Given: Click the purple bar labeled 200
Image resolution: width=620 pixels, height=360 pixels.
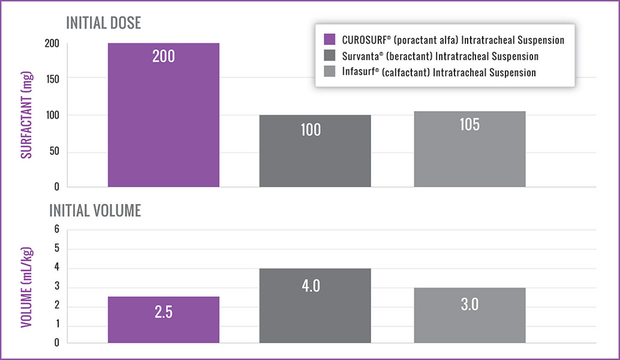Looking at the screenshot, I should (x=163, y=114).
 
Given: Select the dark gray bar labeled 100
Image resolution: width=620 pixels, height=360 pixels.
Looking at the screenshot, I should (x=315, y=150).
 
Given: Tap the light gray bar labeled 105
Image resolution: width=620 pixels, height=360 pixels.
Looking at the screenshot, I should (x=469, y=148).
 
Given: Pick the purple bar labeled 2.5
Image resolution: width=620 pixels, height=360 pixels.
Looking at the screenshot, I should (x=163, y=320).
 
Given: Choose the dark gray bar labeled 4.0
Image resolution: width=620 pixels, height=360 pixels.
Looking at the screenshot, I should (x=315, y=305).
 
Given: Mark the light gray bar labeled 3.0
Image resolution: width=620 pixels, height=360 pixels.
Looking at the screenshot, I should (x=469, y=315).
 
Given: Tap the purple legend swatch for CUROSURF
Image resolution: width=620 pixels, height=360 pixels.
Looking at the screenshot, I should (x=329, y=40).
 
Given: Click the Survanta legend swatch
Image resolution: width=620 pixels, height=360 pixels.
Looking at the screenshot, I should (x=329, y=56).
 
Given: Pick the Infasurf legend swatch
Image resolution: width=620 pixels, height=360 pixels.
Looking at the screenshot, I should (x=329, y=73).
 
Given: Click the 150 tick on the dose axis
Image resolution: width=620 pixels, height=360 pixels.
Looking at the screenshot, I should (x=52, y=78).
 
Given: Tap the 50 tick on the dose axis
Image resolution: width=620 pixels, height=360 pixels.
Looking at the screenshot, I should (x=54, y=152).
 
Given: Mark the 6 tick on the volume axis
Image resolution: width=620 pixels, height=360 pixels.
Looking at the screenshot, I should (x=57, y=229).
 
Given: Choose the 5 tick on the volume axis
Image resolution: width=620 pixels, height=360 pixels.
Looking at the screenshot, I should (x=57, y=248).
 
